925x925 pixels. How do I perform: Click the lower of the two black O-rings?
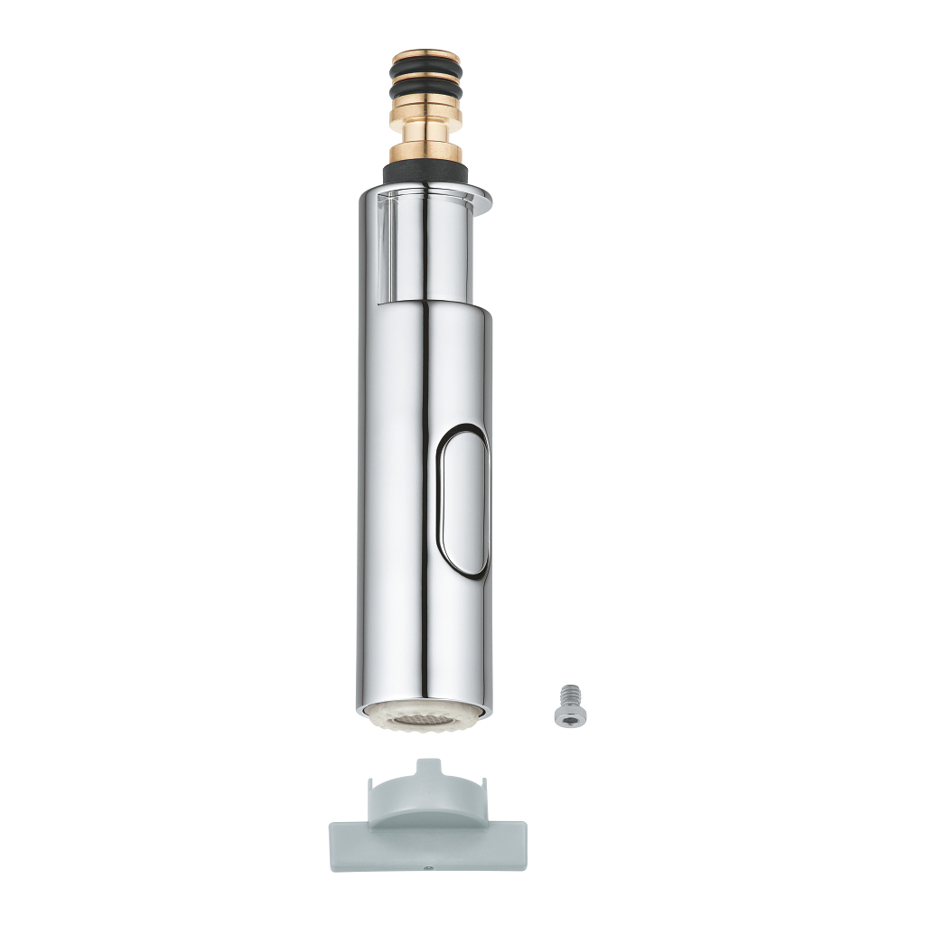click(425, 93)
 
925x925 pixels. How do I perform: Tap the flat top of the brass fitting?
click(425, 54)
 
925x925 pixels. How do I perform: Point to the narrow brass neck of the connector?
click(425, 133)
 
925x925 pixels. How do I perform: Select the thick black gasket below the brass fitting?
click(425, 171)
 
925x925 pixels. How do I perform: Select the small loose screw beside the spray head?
click(570, 704)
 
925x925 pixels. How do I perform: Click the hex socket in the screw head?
click(570, 716)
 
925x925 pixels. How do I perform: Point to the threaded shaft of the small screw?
click(570, 694)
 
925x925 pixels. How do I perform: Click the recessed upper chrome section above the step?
click(425, 244)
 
